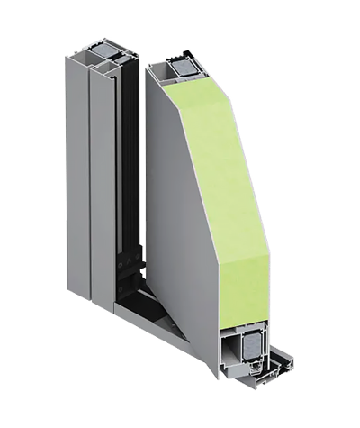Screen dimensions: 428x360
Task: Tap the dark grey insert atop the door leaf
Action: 184,66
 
